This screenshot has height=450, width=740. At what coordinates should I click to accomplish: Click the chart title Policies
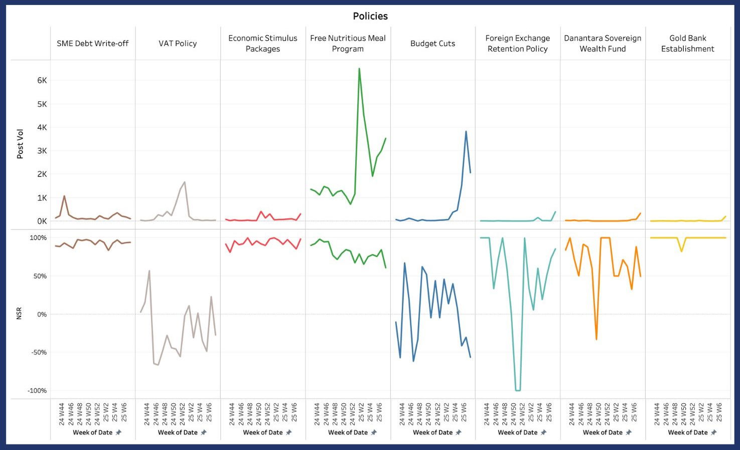(370, 16)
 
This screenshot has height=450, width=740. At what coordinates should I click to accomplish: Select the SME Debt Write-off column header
(92, 44)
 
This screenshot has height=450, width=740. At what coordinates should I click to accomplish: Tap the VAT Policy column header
(178, 44)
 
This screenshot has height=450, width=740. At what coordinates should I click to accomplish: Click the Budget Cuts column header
(432, 44)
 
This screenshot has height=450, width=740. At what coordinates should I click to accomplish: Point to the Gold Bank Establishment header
(687, 44)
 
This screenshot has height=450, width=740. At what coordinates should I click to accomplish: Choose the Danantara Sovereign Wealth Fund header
(603, 44)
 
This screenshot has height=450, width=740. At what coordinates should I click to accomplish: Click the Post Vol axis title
(20, 144)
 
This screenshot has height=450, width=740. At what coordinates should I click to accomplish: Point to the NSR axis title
(19, 314)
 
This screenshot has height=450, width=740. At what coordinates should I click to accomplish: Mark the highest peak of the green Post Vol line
(359, 69)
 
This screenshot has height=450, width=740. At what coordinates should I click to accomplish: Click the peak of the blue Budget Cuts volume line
(466, 131)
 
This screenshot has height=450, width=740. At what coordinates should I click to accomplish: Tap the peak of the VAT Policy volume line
(185, 182)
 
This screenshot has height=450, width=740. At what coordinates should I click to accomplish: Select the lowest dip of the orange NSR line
(597, 340)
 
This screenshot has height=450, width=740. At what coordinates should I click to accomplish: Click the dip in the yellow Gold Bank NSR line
(681, 251)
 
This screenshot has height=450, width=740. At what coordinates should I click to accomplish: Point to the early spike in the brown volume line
(64, 196)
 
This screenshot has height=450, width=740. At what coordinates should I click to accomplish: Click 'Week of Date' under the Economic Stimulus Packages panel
(262, 432)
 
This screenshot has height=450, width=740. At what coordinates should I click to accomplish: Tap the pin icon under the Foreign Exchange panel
(543, 432)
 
